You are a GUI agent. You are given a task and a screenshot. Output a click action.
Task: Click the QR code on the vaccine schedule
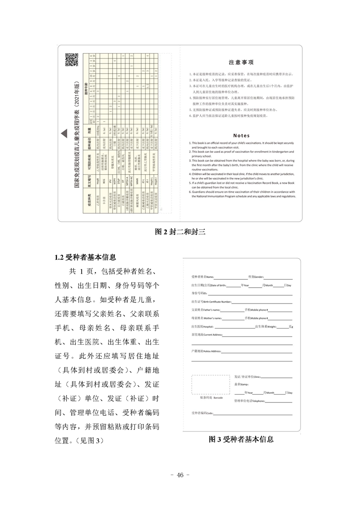72,59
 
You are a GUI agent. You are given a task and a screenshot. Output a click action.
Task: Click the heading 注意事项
241,62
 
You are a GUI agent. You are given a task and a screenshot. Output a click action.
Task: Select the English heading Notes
241,135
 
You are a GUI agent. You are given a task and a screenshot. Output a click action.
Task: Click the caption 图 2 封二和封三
180,232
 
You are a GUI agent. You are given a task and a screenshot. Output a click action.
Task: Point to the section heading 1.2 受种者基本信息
85,257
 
